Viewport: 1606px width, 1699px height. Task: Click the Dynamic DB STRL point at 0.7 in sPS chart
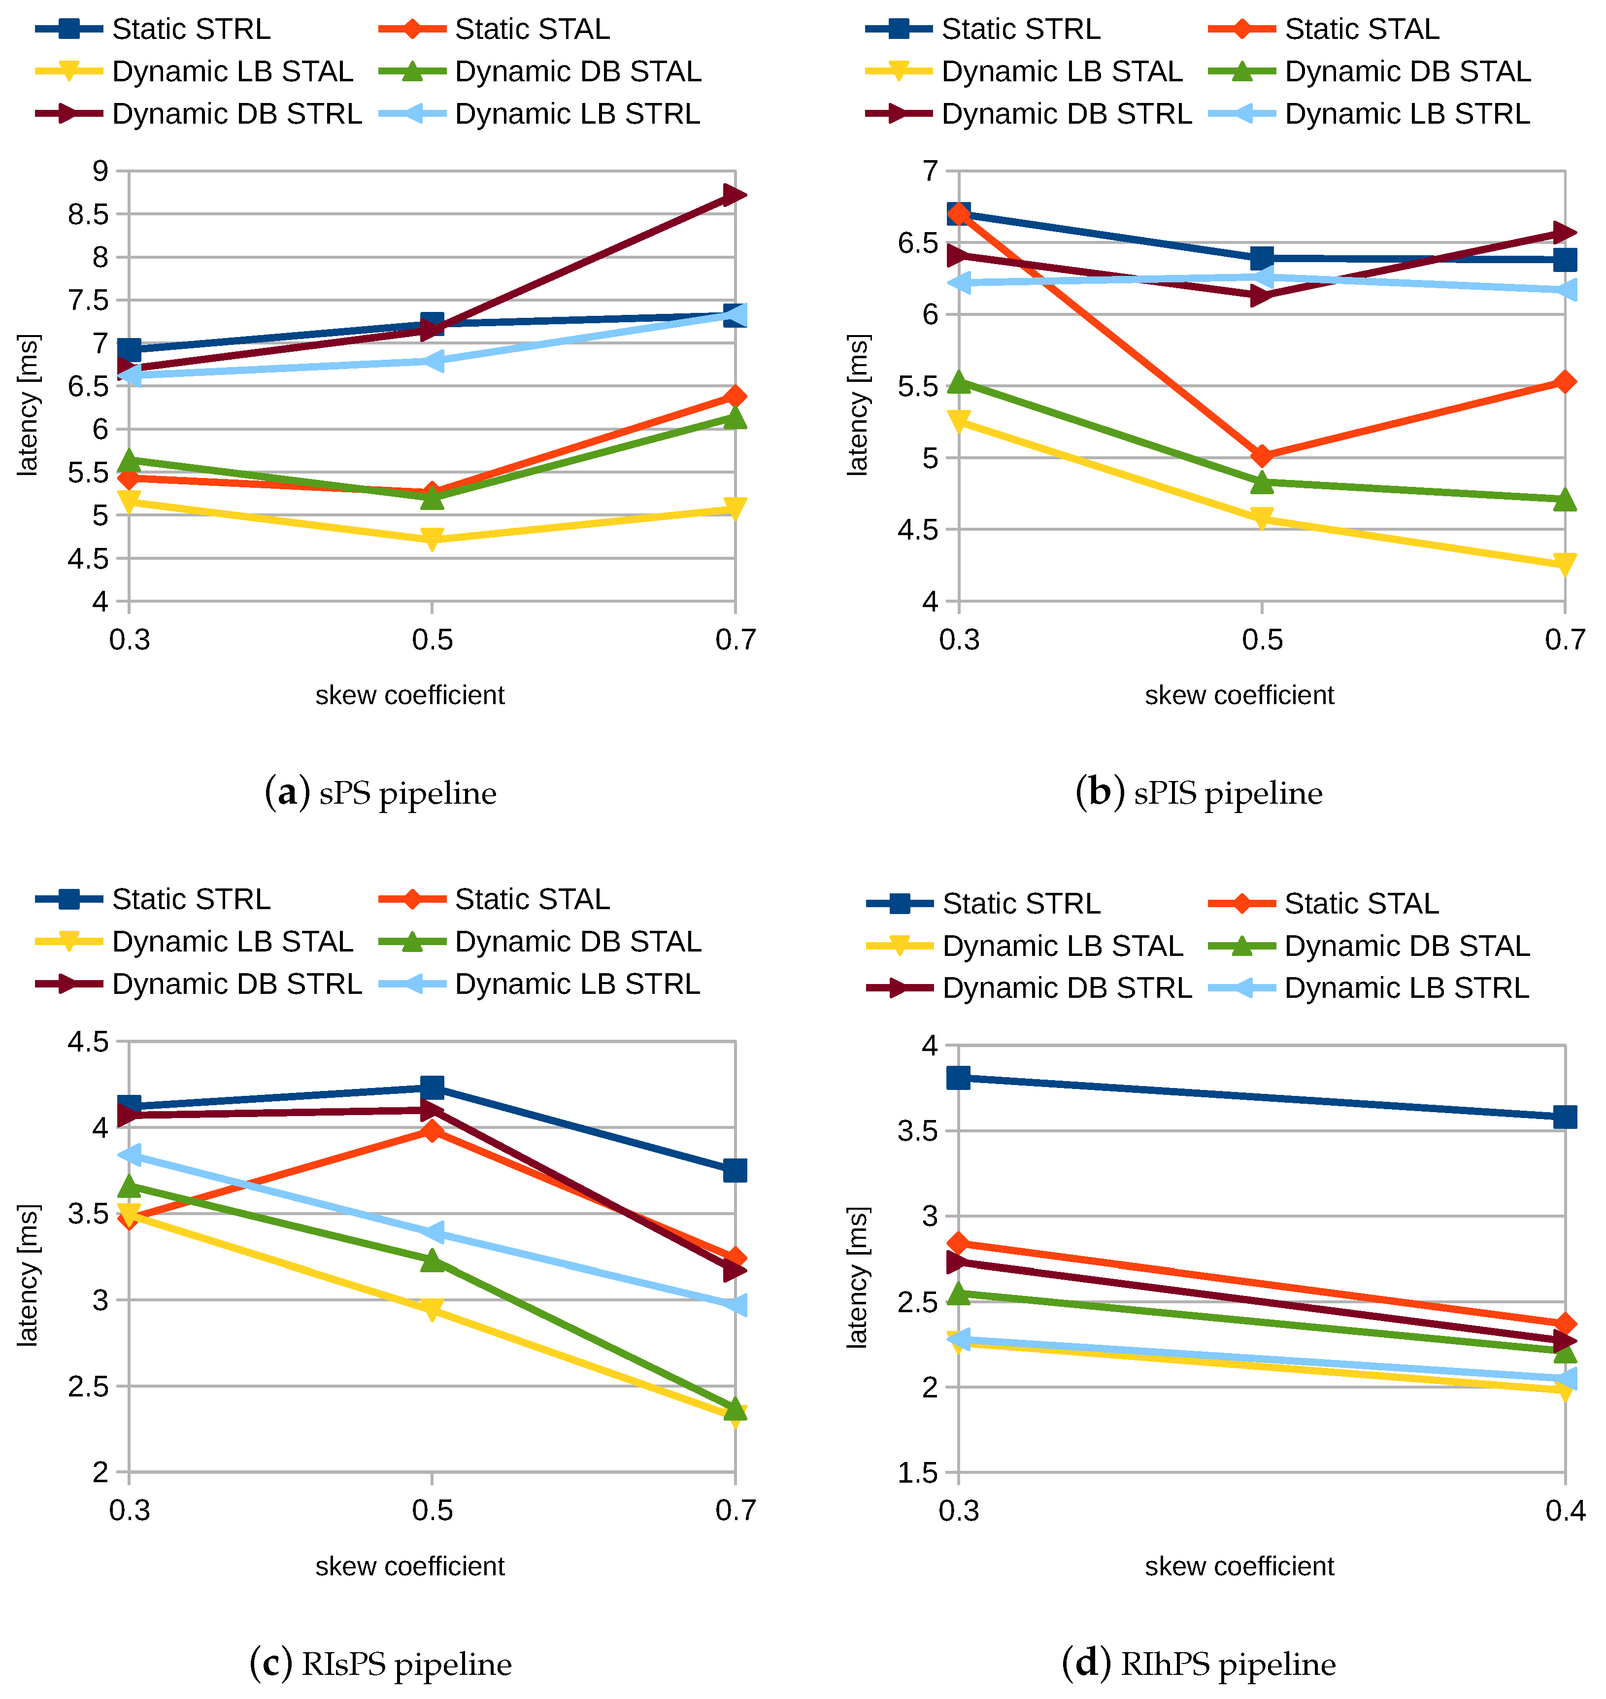(734, 195)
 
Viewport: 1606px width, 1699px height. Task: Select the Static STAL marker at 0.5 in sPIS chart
(1261, 456)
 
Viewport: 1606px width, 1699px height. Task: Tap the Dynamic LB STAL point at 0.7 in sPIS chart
(1564, 564)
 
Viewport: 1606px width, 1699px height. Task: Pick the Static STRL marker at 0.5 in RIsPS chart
(433, 1087)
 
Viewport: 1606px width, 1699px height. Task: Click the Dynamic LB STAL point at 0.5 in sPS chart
(433, 539)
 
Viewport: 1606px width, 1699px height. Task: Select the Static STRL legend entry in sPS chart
(154, 29)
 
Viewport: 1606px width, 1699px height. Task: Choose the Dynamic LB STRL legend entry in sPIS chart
(1370, 114)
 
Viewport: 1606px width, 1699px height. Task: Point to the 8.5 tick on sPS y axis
(88, 214)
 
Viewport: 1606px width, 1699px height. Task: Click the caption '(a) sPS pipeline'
(380, 793)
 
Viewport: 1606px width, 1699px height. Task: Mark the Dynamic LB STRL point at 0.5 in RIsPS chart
(433, 1232)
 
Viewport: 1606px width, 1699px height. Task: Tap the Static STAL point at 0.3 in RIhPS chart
(959, 1243)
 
